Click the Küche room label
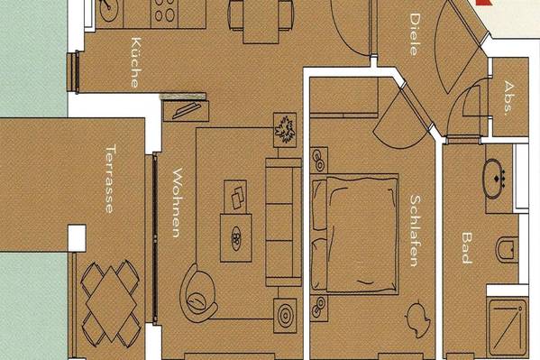click(136, 62)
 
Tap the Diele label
click(415, 34)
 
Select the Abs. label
click(508, 97)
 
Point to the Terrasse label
click(111, 179)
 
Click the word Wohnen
click(177, 203)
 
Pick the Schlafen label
click(415, 231)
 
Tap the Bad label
click(467, 247)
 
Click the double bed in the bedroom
click(354, 234)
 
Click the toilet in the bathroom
click(507, 249)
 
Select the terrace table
click(111, 303)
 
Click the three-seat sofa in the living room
click(283, 223)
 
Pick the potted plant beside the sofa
click(285, 130)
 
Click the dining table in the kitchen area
click(261, 22)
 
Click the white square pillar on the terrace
click(77, 238)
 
